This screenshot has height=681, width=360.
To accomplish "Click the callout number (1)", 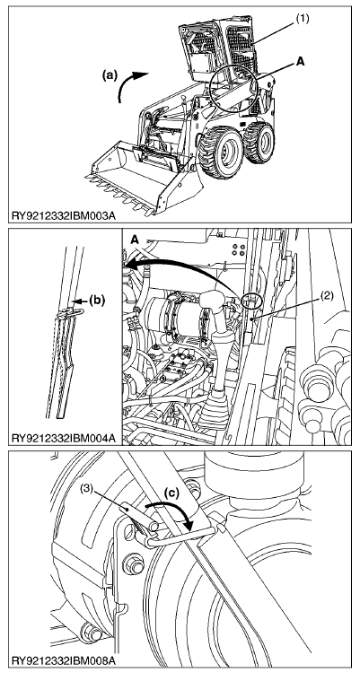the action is pos(303,19).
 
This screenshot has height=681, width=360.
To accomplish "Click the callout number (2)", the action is pos(328,297).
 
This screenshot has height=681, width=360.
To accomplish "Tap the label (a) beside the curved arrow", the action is pos(110,74).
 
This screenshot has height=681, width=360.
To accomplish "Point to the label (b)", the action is pos(97,300).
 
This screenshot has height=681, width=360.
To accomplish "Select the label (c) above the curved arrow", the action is pos(172,493).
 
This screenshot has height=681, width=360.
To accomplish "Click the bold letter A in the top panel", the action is pos(300,62).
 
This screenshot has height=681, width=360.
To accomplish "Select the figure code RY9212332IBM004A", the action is pos(64,437).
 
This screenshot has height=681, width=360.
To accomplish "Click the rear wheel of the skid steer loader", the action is pos(259,143).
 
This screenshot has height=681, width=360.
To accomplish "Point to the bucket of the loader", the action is pos(145,177).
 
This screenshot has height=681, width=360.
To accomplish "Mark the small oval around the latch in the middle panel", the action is pos(252,301).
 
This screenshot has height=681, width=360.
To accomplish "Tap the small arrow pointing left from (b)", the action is pos(82,301).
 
